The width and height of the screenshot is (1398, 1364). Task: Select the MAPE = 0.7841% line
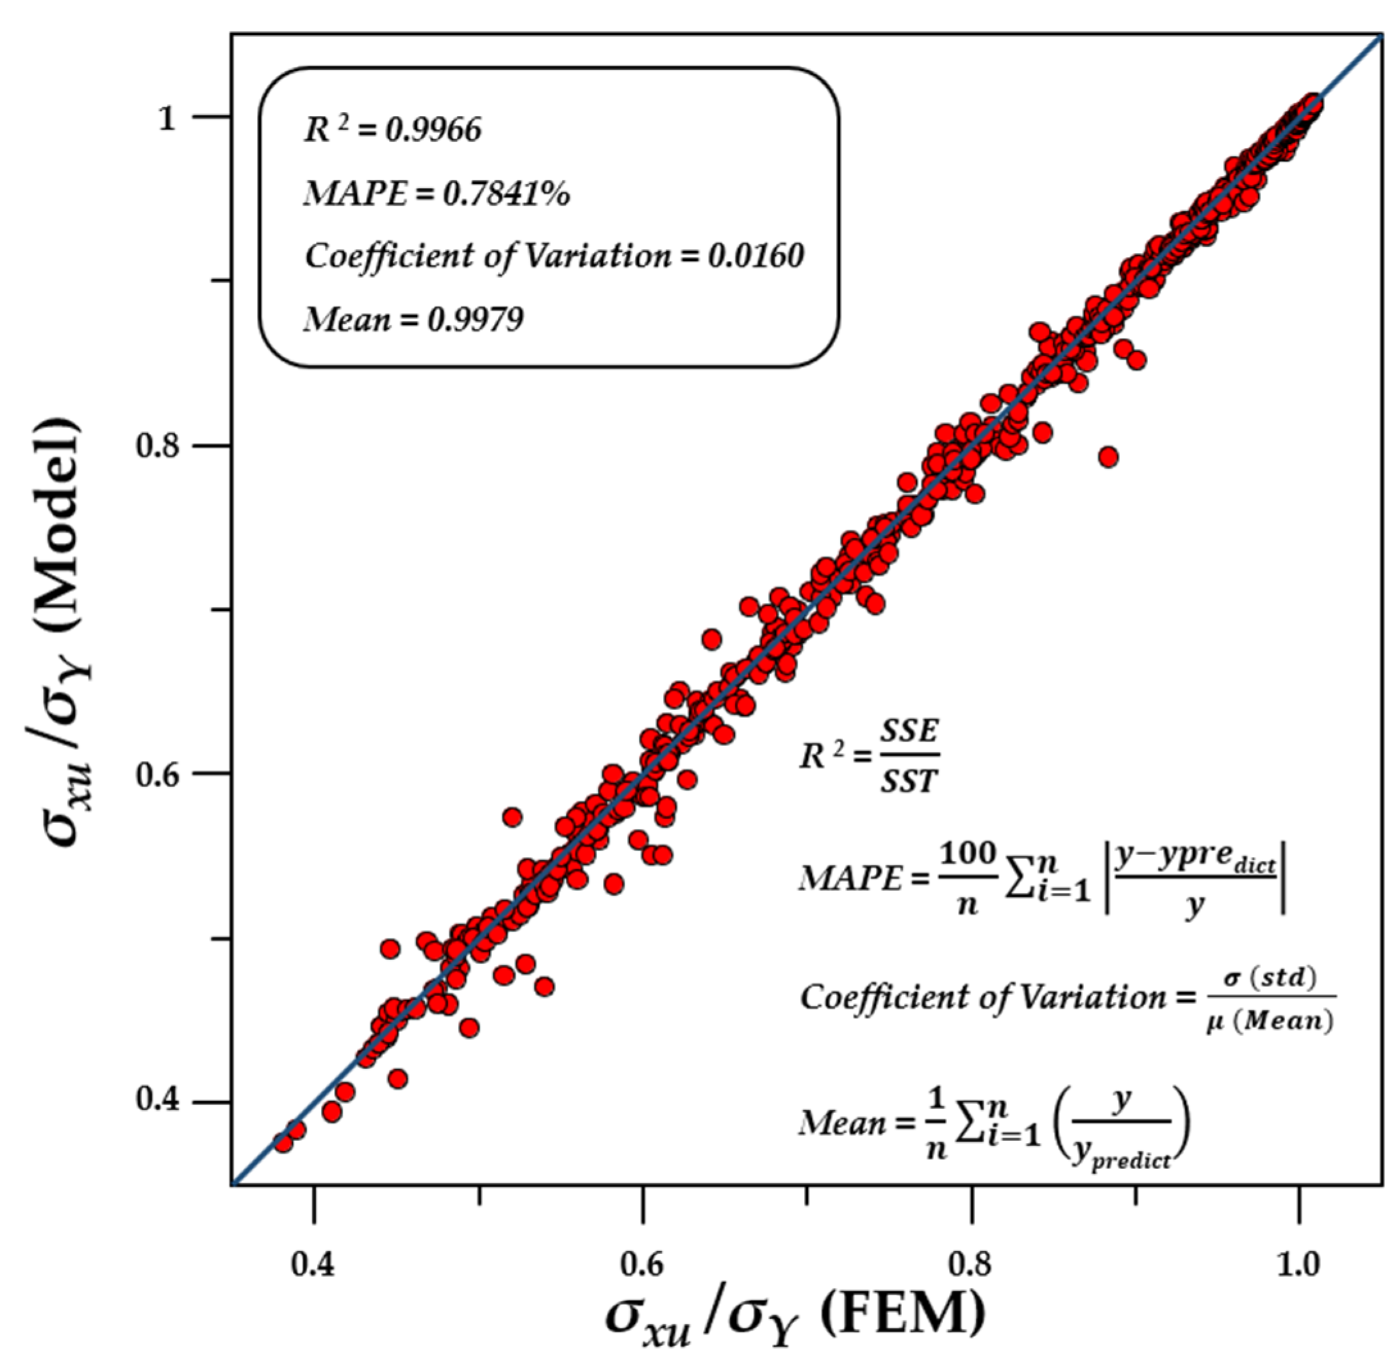pos(436,194)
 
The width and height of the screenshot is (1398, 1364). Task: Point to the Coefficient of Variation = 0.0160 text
pos(554,255)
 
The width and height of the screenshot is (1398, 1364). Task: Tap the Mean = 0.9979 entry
pos(413,319)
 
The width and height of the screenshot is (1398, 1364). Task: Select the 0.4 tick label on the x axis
pos(314,1266)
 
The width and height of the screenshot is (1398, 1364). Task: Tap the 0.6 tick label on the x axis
pos(643,1266)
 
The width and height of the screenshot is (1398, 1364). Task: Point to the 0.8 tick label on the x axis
pos(971,1266)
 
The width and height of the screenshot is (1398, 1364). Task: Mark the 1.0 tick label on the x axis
pos(1299,1266)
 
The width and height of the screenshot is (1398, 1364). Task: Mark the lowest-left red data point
pos(284,1142)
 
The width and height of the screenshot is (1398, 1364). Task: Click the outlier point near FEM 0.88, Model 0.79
pos(1108,457)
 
